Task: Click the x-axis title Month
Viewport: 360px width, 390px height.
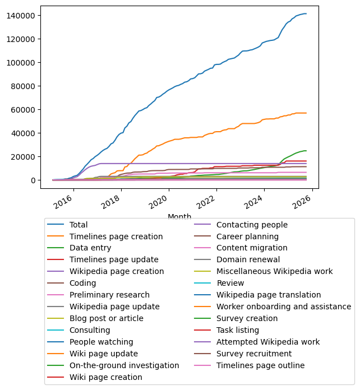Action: (x=179, y=217)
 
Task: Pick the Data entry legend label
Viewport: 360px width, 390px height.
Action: (x=90, y=248)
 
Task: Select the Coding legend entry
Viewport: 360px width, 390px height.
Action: (x=82, y=283)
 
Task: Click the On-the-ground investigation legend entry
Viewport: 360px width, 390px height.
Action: (x=124, y=365)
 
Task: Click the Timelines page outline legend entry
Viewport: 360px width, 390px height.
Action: (x=260, y=365)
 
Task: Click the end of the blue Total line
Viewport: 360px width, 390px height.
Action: (x=306, y=13)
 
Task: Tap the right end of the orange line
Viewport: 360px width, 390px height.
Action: (x=306, y=113)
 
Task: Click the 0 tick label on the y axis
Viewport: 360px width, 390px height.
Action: (x=33, y=180)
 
